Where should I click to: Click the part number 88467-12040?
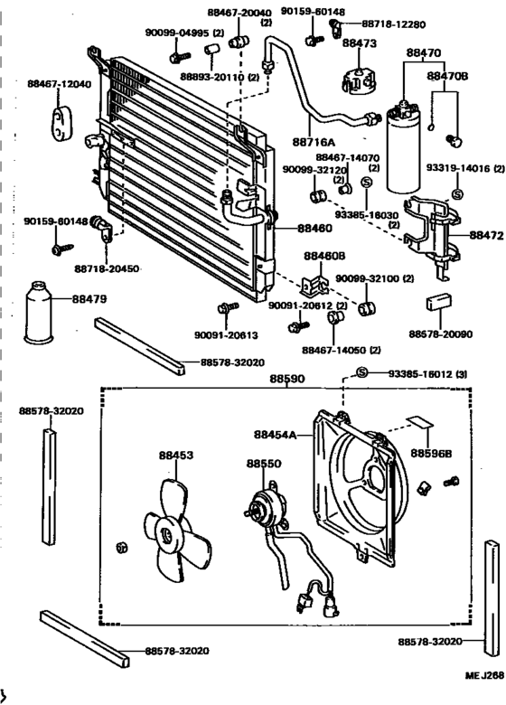pyautogui.click(x=59, y=84)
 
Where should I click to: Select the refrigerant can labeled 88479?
pyautogui.click(x=38, y=313)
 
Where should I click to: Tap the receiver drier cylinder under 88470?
pyautogui.click(x=403, y=148)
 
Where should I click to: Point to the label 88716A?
pyautogui.click(x=314, y=143)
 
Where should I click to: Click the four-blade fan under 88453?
pyautogui.click(x=177, y=531)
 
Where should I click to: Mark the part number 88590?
pyautogui.click(x=287, y=379)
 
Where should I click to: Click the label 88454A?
pyautogui.click(x=275, y=435)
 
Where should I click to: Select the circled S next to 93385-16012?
pyautogui.click(x=362, y=372)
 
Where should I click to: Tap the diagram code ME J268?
pyautogui.click(x=484, y=675)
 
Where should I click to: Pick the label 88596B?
pyautogui.click(x=431, y=454)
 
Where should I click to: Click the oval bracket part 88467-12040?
pyautogui.click(x=61, y=123)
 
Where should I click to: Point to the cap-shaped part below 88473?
pyautogui.click(x=359, y=81)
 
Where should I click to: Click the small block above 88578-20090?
pyautogui.click(x=438, y=302)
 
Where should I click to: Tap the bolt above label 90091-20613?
pyautogui.click(x=228, y=308)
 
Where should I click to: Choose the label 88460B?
pyautogui.click(x=324, y=256)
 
